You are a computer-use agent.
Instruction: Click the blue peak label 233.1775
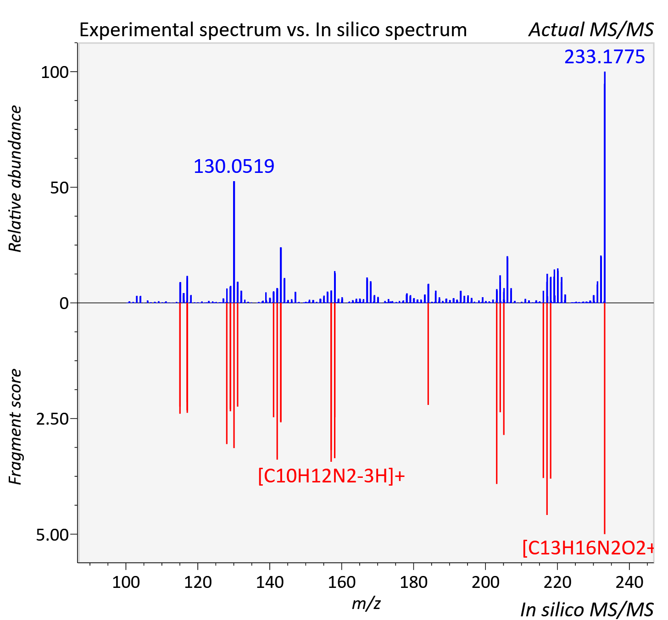point(604,56)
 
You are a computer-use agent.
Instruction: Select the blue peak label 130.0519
point(234,166)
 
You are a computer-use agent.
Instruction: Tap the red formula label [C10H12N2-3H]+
point(331,476)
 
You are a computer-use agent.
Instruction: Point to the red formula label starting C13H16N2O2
point(588,548)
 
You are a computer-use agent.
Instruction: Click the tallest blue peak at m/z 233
point(604,187)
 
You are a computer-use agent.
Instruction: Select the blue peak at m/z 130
point(234,242)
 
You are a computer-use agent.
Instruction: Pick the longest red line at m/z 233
point(604,418)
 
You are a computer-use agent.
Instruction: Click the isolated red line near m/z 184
point(428,354)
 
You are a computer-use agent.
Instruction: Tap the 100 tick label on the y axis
point(55,72)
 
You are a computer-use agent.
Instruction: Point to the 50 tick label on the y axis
point(59,188)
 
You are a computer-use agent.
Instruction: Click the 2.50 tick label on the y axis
point(52,419)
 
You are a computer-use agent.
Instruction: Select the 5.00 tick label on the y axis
point(52,535)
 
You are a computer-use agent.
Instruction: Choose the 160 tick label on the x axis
point(342,582)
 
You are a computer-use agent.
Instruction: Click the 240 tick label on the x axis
point(629,582)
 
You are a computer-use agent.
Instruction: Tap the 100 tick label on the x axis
point(126,582)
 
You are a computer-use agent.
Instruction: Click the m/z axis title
point(366,603)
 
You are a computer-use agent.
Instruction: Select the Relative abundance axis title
point(15,178)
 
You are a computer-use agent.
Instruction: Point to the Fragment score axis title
point(15,426)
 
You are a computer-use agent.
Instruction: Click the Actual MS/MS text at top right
point(591,30)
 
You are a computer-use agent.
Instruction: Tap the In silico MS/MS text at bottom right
point(587,609)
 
